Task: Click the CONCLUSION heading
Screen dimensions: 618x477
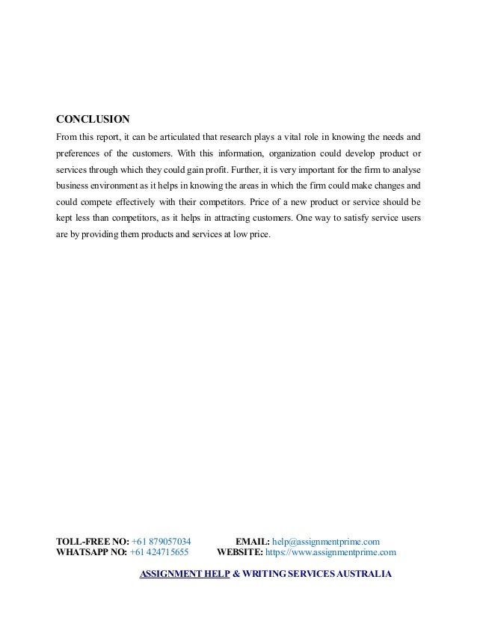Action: point(93,119)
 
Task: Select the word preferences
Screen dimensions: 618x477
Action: point(80,153)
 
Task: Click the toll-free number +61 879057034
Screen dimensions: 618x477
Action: point(161,541)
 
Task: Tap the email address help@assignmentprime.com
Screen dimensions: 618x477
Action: point(326,541)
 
